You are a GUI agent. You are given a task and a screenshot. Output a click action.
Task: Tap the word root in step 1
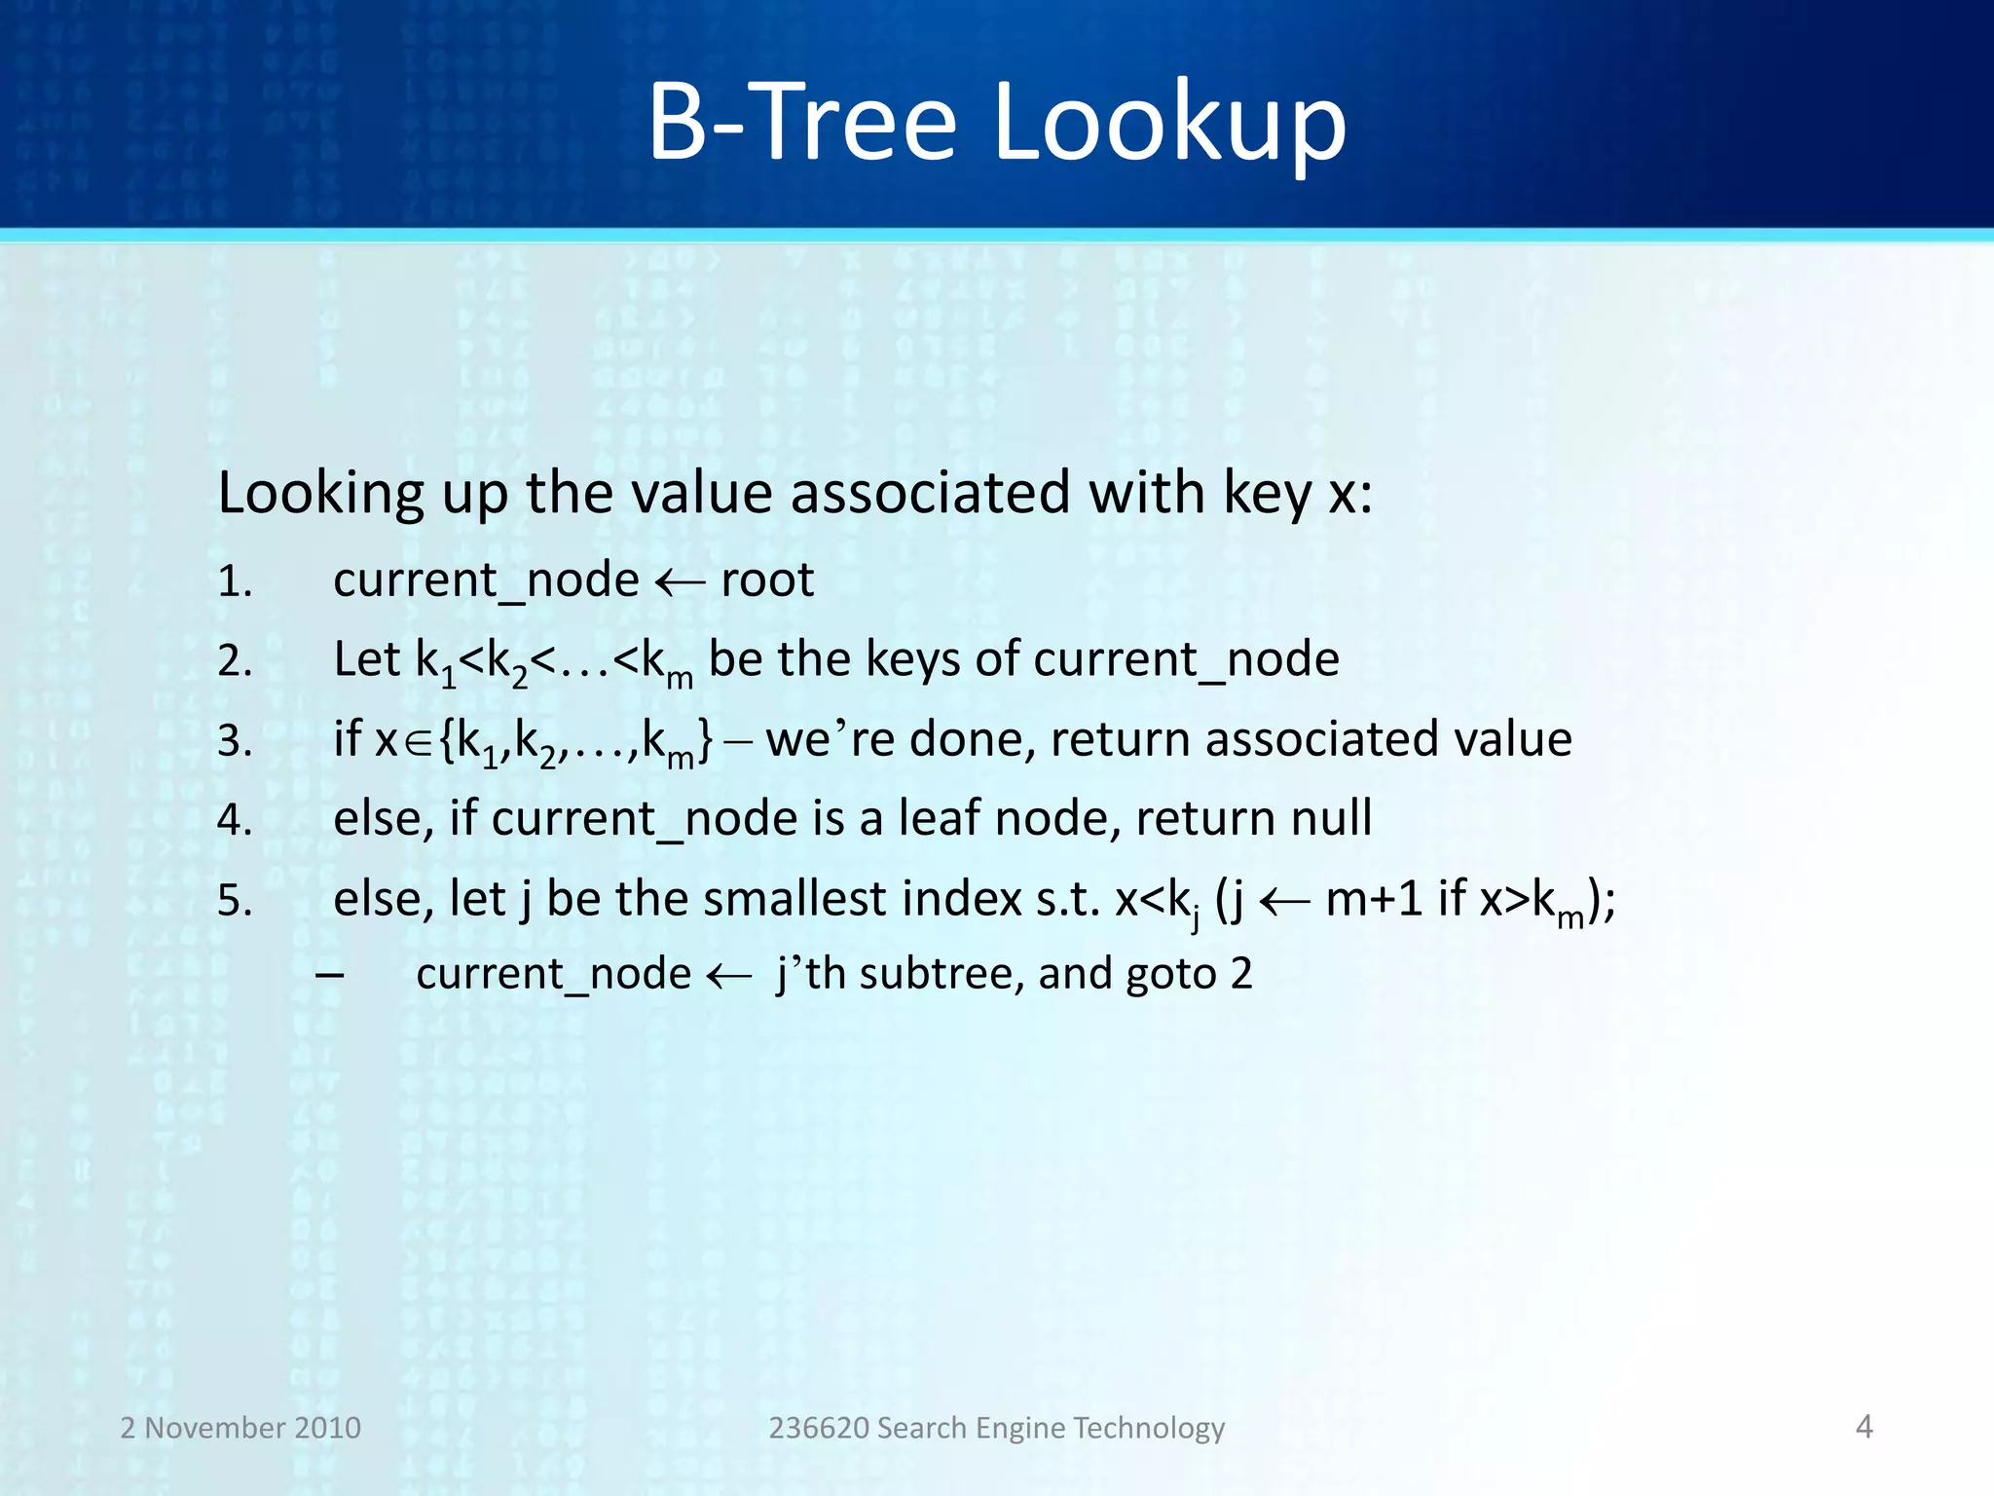[x=766, y=580]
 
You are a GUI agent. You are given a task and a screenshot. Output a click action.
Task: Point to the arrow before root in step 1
[x=679, y=584]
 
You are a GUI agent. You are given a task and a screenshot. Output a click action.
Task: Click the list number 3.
[x=235, y=741]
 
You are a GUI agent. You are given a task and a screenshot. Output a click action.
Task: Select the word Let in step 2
[x=366, y=659]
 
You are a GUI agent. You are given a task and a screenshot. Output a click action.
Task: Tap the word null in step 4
[x=1331, y=818]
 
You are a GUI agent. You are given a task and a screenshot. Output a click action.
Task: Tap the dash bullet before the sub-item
[x=330, y=975]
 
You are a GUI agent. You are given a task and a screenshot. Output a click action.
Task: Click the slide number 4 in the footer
[x=1864, y=1427]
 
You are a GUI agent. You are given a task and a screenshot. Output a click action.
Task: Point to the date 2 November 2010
[x=240, y=1428]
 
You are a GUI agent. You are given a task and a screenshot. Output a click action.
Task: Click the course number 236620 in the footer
[x=818, y=1428]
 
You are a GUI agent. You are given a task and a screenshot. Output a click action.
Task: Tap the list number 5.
[x=235, y=901]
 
